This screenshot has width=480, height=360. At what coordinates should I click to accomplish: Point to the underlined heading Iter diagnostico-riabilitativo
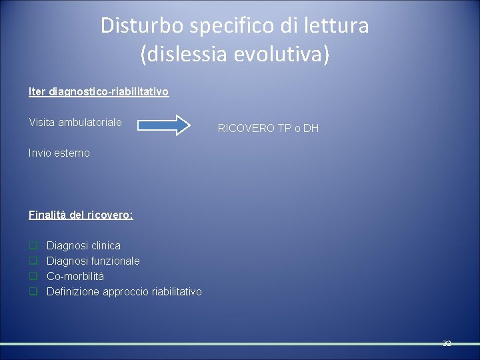click(x=99, y=91)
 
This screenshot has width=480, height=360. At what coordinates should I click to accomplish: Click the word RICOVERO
click(x=246, y=128)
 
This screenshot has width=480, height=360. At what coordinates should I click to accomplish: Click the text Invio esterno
click(x=59, y=153)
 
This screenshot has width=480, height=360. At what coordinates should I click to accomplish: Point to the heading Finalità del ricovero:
click(x=81, y=215)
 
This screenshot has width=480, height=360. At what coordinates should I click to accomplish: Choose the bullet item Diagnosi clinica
click(x=83, y=246)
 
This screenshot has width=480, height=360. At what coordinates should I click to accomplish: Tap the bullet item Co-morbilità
click(x=75, y=276)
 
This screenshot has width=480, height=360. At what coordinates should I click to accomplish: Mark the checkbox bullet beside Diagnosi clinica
click(x=33, y=246)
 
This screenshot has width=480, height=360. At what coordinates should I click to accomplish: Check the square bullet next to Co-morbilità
click(x=33, y=276)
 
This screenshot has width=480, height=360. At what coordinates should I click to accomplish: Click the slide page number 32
click(x=447, y=343)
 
